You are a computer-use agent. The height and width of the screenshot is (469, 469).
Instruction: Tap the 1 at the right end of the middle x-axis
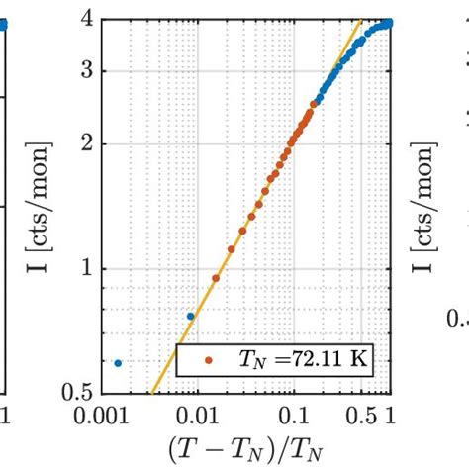(389, 412)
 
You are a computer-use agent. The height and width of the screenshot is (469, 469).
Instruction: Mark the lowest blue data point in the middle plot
(118, 363)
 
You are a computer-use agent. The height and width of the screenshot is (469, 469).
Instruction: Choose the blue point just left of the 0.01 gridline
(191, 317)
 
